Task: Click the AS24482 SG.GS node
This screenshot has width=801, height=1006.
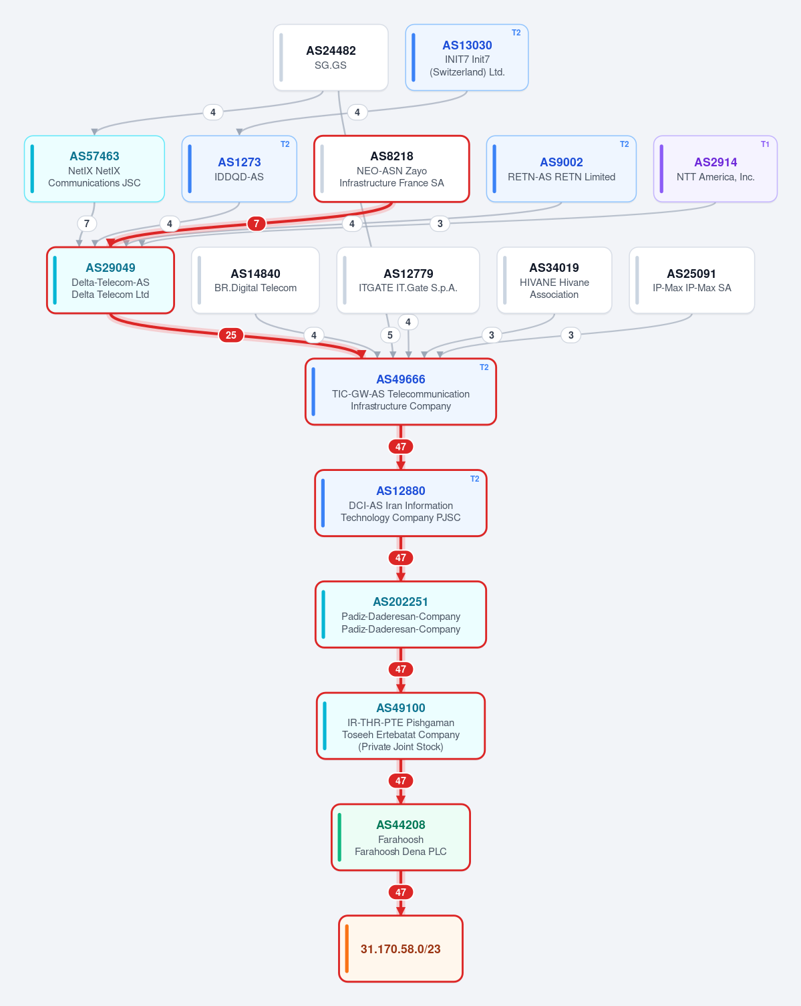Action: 331,57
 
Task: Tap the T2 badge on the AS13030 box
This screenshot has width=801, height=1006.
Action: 516,33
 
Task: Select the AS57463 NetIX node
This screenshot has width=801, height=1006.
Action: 94,169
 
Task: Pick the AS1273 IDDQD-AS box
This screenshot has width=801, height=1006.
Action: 239,169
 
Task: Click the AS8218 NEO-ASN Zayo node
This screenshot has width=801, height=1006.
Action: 391,169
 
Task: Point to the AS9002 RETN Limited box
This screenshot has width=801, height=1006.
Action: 561,169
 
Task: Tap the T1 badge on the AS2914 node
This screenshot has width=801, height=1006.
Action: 764,144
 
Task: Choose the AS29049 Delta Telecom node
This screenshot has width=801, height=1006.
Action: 110,281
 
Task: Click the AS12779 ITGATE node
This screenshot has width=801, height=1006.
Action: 408,281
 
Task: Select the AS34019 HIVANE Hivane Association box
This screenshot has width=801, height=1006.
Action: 554,281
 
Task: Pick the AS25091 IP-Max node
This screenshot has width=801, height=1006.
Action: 691,281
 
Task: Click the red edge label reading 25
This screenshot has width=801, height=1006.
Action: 231,335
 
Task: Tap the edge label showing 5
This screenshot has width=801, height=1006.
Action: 390,335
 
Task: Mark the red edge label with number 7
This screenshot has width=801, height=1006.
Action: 257,224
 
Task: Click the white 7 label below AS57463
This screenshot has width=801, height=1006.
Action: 86,224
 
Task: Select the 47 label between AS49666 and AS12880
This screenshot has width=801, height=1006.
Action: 401,446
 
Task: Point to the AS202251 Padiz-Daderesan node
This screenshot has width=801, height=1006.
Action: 401,615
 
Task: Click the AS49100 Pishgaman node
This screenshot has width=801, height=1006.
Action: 401,726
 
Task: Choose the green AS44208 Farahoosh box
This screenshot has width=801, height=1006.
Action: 401,837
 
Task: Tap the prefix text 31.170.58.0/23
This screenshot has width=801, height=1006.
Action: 400,949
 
